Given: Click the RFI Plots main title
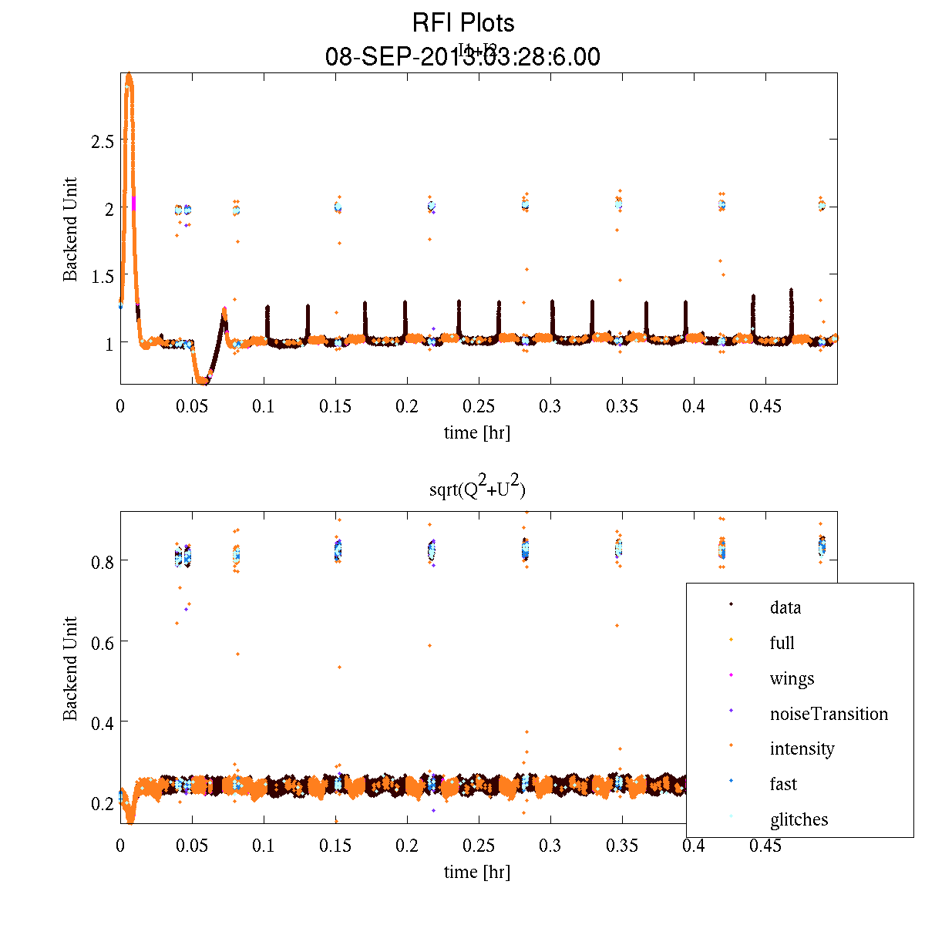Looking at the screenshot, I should point(462,23).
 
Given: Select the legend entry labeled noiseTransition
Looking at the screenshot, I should point(829,714).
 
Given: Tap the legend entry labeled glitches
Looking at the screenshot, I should point(799,819).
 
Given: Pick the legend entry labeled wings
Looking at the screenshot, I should point(792,678).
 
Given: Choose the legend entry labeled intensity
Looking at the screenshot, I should point(802,748).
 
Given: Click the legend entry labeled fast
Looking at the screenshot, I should point(783,784).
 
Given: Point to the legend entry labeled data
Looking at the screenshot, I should point(785,607).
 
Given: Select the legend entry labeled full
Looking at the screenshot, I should point(782,643).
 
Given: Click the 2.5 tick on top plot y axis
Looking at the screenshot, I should point(102,140).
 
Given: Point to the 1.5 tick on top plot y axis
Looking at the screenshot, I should point(102,275).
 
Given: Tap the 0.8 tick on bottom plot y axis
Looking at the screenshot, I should point(102,561).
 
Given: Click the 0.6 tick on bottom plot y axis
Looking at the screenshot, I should point(102,641).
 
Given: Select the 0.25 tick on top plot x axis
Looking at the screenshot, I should point(479,406).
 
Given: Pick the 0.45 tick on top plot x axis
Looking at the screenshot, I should point(765,406).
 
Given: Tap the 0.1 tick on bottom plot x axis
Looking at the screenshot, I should point(264,846).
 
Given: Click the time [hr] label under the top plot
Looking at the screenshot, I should point(476,432).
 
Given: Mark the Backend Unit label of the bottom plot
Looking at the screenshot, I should point(71,668).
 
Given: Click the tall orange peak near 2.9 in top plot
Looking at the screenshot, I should point(129,77).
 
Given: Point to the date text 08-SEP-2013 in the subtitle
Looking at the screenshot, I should point(393,57).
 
